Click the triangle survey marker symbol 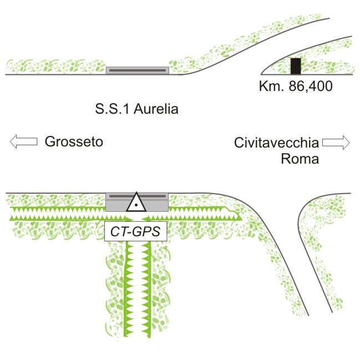point(136,203)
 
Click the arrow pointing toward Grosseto point(23,142)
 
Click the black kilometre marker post point(296,65)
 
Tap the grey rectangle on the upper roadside point(137,70)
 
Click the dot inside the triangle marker point(136,205)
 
